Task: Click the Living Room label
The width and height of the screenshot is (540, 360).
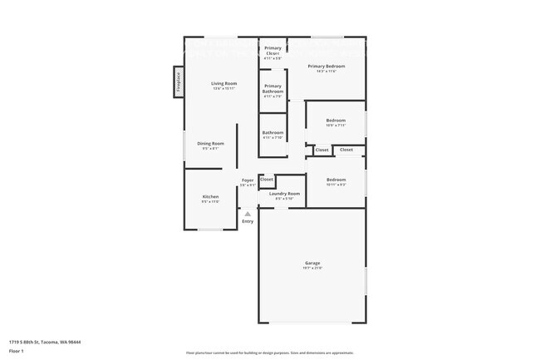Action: pos(223,83)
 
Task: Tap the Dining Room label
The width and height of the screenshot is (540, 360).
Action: pos(210,144)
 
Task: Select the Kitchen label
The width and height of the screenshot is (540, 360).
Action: pos(210,196)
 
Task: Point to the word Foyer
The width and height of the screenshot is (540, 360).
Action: pos(248,180)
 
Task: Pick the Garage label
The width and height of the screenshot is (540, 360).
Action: pos(312,263)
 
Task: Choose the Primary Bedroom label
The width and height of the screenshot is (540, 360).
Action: pos(326,66)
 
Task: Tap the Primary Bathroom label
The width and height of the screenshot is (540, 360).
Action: pos(273,89)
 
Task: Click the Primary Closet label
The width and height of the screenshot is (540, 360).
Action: pos(273,51)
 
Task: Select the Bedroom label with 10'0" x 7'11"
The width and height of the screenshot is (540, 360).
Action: pos(336,121)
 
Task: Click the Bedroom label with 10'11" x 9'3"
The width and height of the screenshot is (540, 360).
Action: pos(336,180)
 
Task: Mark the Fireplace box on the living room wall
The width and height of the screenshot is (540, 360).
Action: pos(178,81)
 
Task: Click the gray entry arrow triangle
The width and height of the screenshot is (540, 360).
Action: pos(248,214)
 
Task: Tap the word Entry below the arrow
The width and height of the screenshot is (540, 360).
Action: pos(248,221)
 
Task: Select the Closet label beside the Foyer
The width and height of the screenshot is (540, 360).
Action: pos(267,179)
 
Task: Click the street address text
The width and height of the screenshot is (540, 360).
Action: pos(45,341)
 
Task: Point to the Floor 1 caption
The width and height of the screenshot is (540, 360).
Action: pos(17,351)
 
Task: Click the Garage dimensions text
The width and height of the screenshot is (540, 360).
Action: pos(312,268)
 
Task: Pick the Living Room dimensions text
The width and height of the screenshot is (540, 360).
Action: pos(223,88)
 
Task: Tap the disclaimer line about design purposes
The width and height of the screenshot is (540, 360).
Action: pos(269,353)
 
